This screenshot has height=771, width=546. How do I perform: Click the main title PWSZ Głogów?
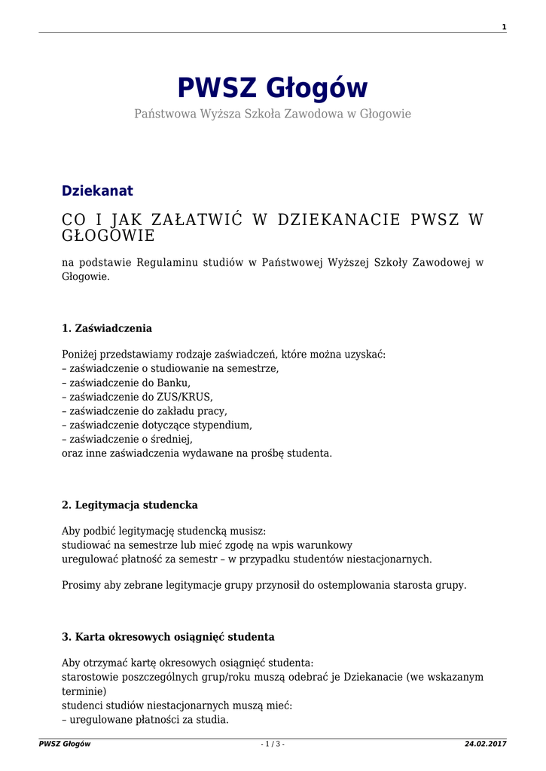pyautogui.click(x=273, y=88)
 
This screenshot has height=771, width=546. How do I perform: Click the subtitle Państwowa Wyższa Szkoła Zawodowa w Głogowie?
pyautogui.click(x=273, y=114)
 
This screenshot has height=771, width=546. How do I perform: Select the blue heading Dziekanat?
pyautogui.click(x=97, y=191)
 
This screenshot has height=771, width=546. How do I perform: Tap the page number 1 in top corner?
pyautogui.click(x=504, y=27)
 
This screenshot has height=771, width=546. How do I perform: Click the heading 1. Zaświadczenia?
pyautogui.click(x=107, y=328)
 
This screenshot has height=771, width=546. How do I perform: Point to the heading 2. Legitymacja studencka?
pyautogui.click(x=130, y=504)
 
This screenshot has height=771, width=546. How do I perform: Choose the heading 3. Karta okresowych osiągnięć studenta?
pyautogui.click(x=168, y=637)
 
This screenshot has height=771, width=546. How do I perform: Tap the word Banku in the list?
pyautogui.click(x=172, y=382)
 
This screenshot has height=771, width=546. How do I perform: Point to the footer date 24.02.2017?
pyautogui.click(x=485, y=744)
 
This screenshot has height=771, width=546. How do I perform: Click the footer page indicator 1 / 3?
pyautogui.click(x=273, y=744)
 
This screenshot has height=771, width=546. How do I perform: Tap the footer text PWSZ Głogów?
pyautogui.click(x=65, y=744)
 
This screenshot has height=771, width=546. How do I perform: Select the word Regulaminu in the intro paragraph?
pyautogui.click(x=171, y=262)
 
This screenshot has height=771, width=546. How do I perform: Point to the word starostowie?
pyautogui.click(x=89, y=677)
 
